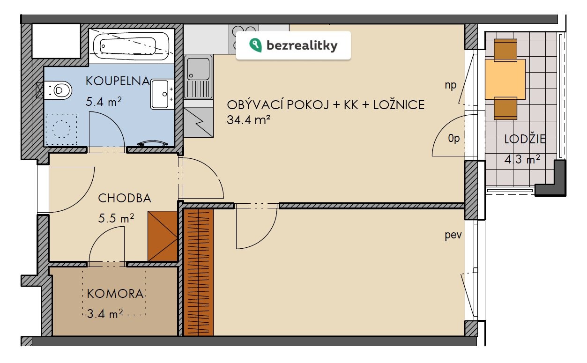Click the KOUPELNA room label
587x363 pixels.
click(118, 81)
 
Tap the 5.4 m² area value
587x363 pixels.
click(104, 102)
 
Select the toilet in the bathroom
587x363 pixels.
click(58, 90)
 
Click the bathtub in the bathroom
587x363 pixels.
click(131, 46)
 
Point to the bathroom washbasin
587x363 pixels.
click(162, 94)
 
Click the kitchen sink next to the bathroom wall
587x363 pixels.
click(198, 77)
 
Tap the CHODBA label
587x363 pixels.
click(125, 198)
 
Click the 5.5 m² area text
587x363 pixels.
click(116, 218)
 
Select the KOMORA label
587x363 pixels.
click(115, 294)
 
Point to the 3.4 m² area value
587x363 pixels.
click(105, 314)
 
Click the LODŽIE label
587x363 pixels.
click(525, 139)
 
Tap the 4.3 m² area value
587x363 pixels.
click(522, 159)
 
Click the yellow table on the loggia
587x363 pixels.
click(505, 79)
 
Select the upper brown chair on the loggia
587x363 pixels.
click(505, 50)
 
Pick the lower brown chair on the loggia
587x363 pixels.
click(505, 108)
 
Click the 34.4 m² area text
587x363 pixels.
click(248, 120)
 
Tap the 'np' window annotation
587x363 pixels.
click(451, 85)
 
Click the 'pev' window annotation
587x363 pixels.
click(453, 235)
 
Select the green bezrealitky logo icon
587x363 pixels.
click(255, 45)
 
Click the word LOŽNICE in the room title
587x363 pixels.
click(399, 105)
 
